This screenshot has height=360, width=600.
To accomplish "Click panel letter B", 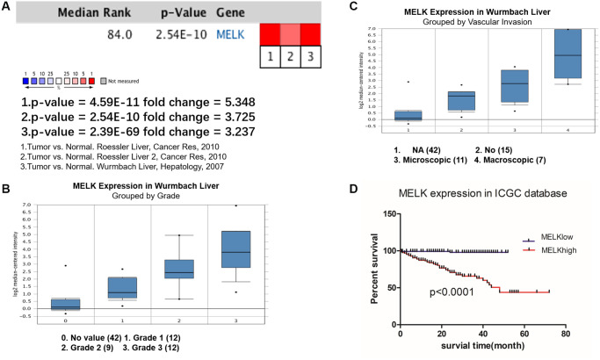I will tap(9, 163).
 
